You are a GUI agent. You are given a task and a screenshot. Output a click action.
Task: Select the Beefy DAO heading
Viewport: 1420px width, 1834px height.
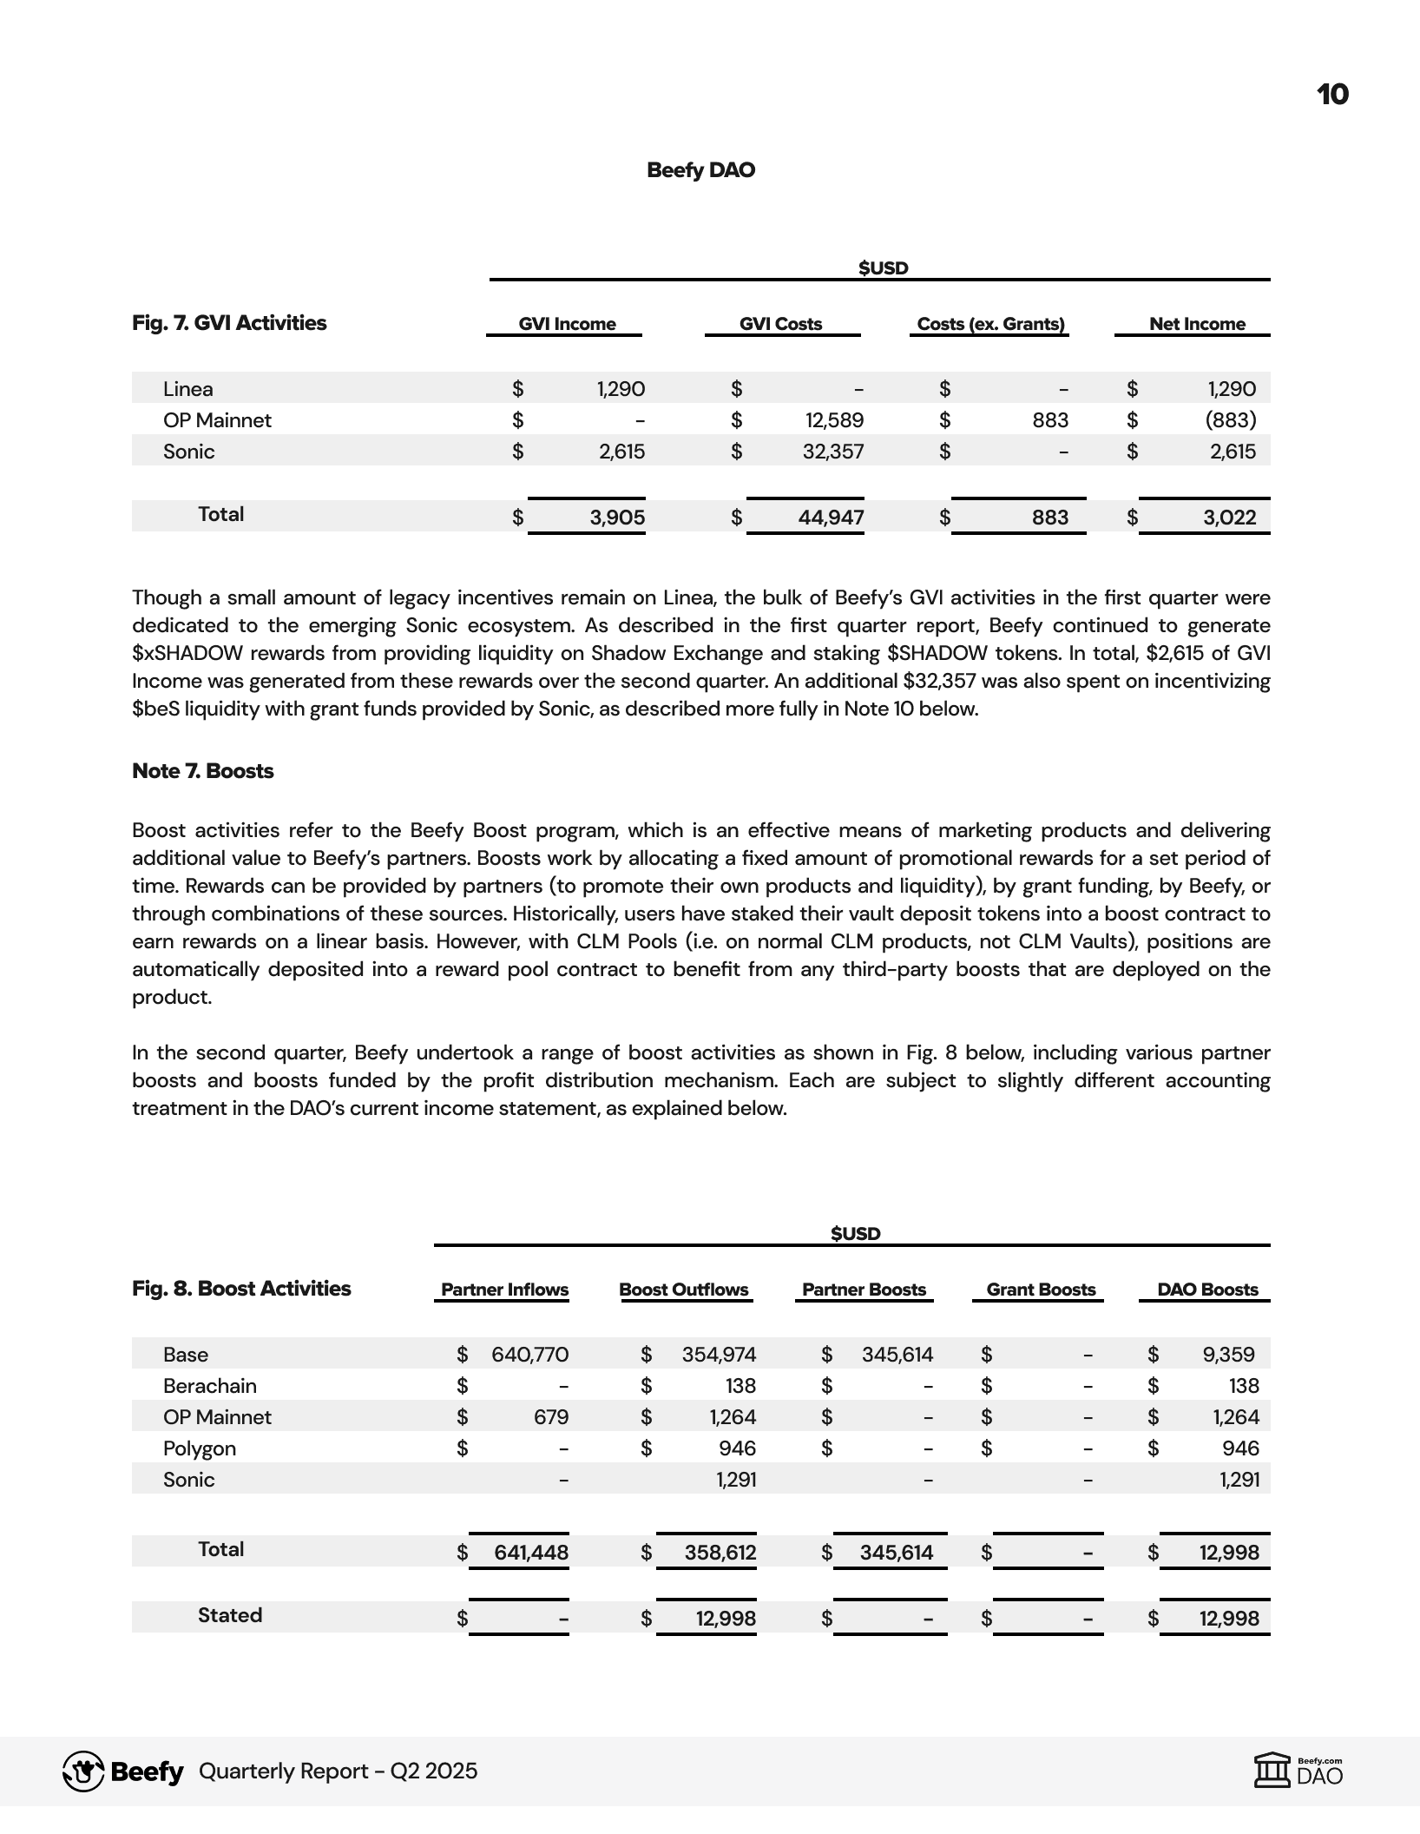pyautogui.click(x=700, y=170)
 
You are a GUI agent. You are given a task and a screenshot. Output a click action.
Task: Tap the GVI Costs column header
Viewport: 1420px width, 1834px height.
pyautogui.click(x=780, y=324)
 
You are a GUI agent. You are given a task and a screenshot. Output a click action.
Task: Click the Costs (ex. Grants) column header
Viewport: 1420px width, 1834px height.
pyautogui.click(x=990, y=324)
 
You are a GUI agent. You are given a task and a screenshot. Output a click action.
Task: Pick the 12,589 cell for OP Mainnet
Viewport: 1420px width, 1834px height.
pyautogui.click(x=834, y=420)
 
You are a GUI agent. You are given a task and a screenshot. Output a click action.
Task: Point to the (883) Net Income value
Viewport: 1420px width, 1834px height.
pyautogui.click(x=1230, y=420)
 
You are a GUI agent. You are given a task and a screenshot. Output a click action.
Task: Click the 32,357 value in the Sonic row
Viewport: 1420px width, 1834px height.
pyautogui.click(x=833, y=452)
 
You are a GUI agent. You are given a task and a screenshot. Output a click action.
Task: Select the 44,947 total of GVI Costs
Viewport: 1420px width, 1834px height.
pyautogui.click(x=831, y=518)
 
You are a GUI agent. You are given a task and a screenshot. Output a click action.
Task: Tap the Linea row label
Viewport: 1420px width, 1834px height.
pyautogui.click(x=187, y=389)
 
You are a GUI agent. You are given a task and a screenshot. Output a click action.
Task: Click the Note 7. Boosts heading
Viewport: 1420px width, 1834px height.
pyautogui.click(x=202, y=771)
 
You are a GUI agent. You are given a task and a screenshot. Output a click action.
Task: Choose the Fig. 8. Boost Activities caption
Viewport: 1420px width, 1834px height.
pyautogui.click(x=241, y=1289)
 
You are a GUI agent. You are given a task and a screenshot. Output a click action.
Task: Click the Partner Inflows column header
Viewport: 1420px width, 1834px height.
pyautogui.click(x=504, y=1290)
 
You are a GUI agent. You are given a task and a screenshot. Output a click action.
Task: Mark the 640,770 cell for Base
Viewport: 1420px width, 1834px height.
pyautogui.click(x=529, y=1355)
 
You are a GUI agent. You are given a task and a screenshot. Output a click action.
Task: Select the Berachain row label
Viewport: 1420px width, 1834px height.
pyautogui.click(x=209, y=1386)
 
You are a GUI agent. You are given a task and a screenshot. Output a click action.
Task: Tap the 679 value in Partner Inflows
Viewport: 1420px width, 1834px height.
pyautogui.click(x=551, y=1417)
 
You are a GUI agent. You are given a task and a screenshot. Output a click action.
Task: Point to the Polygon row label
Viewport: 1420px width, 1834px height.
pyautogui.click(x=199, y=1448)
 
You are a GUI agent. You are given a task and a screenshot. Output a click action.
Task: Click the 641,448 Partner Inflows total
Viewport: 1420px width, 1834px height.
pyautogui.click(x=530, y=1553)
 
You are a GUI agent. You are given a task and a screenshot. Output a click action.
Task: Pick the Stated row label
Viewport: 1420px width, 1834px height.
pyautogui.click(x=229, y=1615)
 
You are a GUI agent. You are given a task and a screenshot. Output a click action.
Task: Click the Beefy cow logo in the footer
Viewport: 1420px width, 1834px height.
pyautogui.click(x=83, y=1771)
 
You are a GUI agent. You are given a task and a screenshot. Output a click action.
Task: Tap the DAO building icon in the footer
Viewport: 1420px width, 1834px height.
pyautogui.click(x=1273, y=1771)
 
